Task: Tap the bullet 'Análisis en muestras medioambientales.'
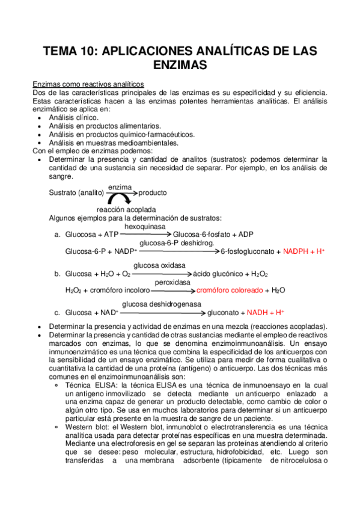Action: coord(114,143)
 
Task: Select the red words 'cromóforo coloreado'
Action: coord(230,290)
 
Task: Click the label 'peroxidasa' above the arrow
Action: coord(172,281)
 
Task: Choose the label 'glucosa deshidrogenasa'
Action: coord(162,304)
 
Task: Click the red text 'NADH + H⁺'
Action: coord(265,313)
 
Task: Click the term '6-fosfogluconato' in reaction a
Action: coord(248,251)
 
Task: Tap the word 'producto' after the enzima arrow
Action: coord(152,193)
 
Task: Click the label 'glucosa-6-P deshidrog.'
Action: coord(169,243)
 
